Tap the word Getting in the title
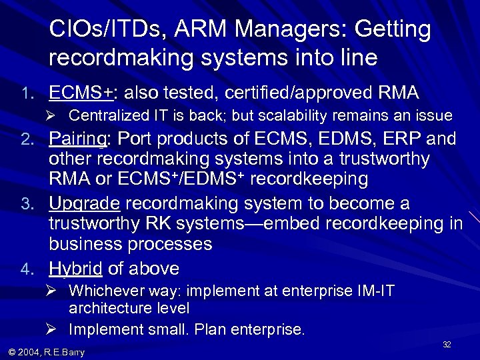click(393, 29)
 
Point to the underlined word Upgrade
click(85, 203)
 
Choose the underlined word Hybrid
click(75, 269)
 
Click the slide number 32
click(447, 344)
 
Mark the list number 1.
click(25, 93)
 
